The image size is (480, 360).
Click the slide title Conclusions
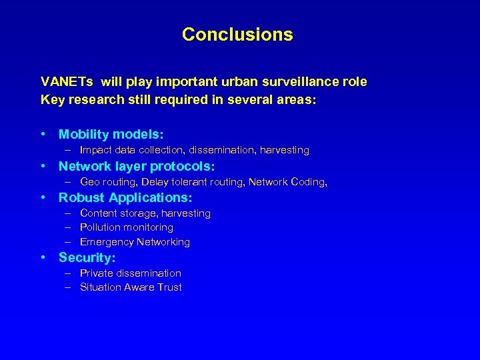click(237, 34)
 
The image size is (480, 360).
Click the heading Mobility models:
click(111, 135)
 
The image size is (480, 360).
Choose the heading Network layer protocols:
click(137, 166)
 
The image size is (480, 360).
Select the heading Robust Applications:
click(125, 198)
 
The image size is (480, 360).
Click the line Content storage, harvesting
click(145, 213)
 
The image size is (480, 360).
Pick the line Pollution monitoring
click(126, 227)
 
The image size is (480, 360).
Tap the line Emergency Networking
click(135, 242)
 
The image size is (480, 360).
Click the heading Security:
click(87, 257)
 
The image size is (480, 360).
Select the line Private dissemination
click(130, 273)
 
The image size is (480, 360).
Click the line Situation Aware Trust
click(131, 287)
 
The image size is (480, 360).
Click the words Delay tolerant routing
click(193, 182)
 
